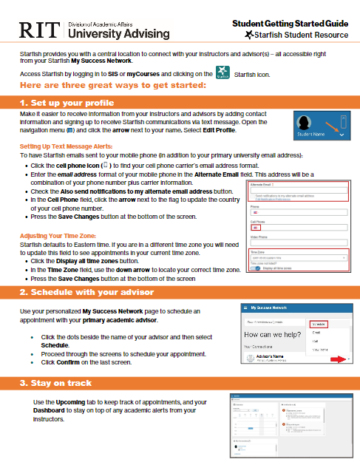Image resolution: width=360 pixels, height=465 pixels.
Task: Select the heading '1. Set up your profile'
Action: tap(67, 102)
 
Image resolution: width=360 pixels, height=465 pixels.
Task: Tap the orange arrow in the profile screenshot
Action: tap(341, 136)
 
